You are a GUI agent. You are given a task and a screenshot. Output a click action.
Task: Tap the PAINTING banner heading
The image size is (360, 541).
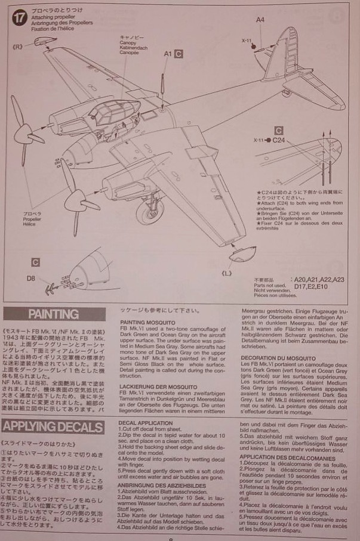pyautogui.click(x=53, y=314)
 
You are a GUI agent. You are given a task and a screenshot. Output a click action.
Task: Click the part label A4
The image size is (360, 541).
pyautogui.click(x=260, y=20)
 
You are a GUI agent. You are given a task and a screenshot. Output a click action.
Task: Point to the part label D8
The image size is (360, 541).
pyautogui.click(x=30, y=278)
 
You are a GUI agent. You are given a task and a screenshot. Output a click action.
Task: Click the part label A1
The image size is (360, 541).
pyautogui.click(x=168, y=54)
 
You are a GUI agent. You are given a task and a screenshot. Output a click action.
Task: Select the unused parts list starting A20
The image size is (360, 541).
pyautogui.click(x=318, y=279)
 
